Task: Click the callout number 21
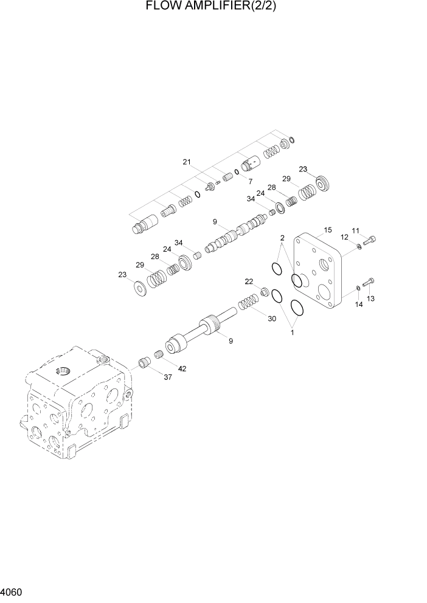pyautogui.click(x=187, y=162)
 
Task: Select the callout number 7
pyautogui.click(x=249, y=182)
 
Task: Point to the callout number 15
pyautogui.click(x=327, y=230)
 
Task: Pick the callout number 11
pyautogui.click(x=355, y=231)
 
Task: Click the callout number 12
pyautogui.click(x=344, y=237)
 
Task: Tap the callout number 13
pyautogui.click(x=371, y=298)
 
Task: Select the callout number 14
pyautogui.click(x=359, y=305)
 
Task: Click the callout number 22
pyautogui.click(x=249, y=281)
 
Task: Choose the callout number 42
pyautogui.click(x=182, y=368)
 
